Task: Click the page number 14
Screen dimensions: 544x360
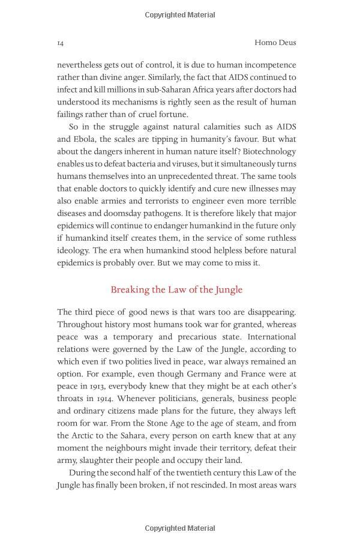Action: click(x=61, y=43)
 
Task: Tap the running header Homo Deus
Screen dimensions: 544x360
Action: click(x=275, y=43)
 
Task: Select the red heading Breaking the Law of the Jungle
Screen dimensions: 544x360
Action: click(x=176, y=289)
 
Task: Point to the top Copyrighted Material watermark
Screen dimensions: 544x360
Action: click(x=180, y=14)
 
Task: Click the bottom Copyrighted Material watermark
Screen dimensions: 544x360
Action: click(x=180, y=528)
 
